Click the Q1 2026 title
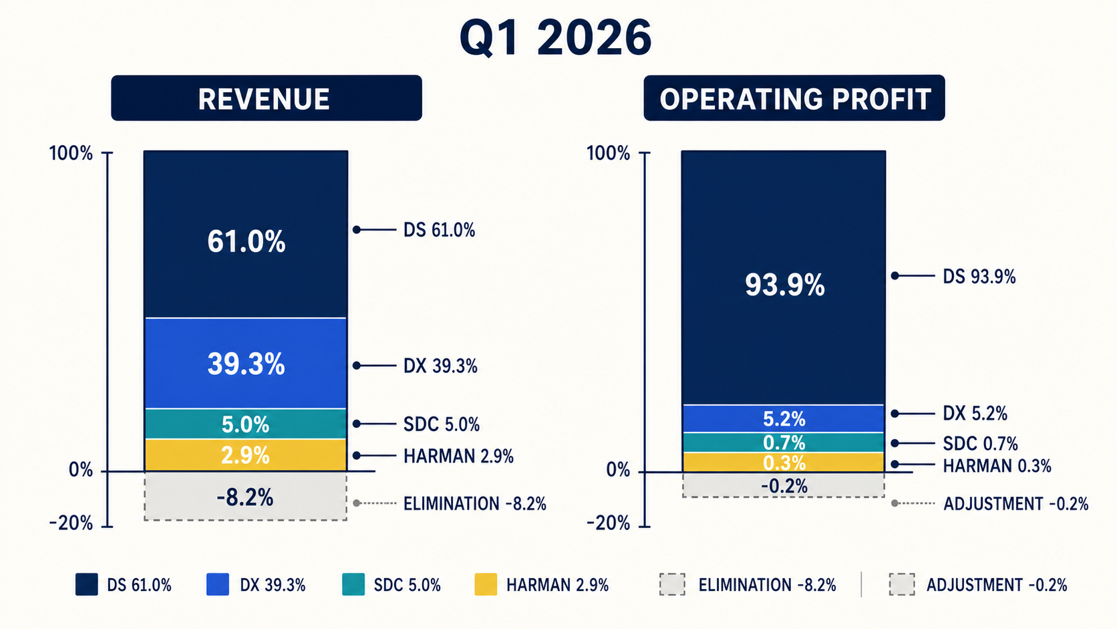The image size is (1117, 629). coord(556,37)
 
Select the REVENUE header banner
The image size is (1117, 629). coord(267,98)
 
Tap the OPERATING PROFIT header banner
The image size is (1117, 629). coord(794,98)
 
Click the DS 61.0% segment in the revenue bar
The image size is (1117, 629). coord(246,233)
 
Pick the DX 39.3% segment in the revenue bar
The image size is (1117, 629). coord(246,363)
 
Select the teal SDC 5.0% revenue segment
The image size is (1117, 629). coord(246,424)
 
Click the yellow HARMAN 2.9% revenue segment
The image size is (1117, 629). coord(246,455)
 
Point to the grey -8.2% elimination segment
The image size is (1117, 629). coord(246,497)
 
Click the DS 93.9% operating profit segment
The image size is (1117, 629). coord(784,277)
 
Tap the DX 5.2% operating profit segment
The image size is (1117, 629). coord(784,418)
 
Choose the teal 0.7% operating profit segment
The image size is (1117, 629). coord(784,443)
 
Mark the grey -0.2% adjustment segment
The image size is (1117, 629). coord(784,485)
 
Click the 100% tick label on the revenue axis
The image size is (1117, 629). coord(71,153)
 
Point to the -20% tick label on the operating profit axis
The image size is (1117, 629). coord(608,523)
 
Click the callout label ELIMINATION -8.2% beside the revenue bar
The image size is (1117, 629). coord(475,504)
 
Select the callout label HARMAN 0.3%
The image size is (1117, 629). coord(997,466)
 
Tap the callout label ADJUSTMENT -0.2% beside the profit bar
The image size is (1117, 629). coord(1015,504)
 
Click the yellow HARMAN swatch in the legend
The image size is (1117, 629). coord(486,585)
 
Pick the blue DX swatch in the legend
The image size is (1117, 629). coord(218,585)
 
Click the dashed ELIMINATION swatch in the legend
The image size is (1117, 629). coord(672,585)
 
